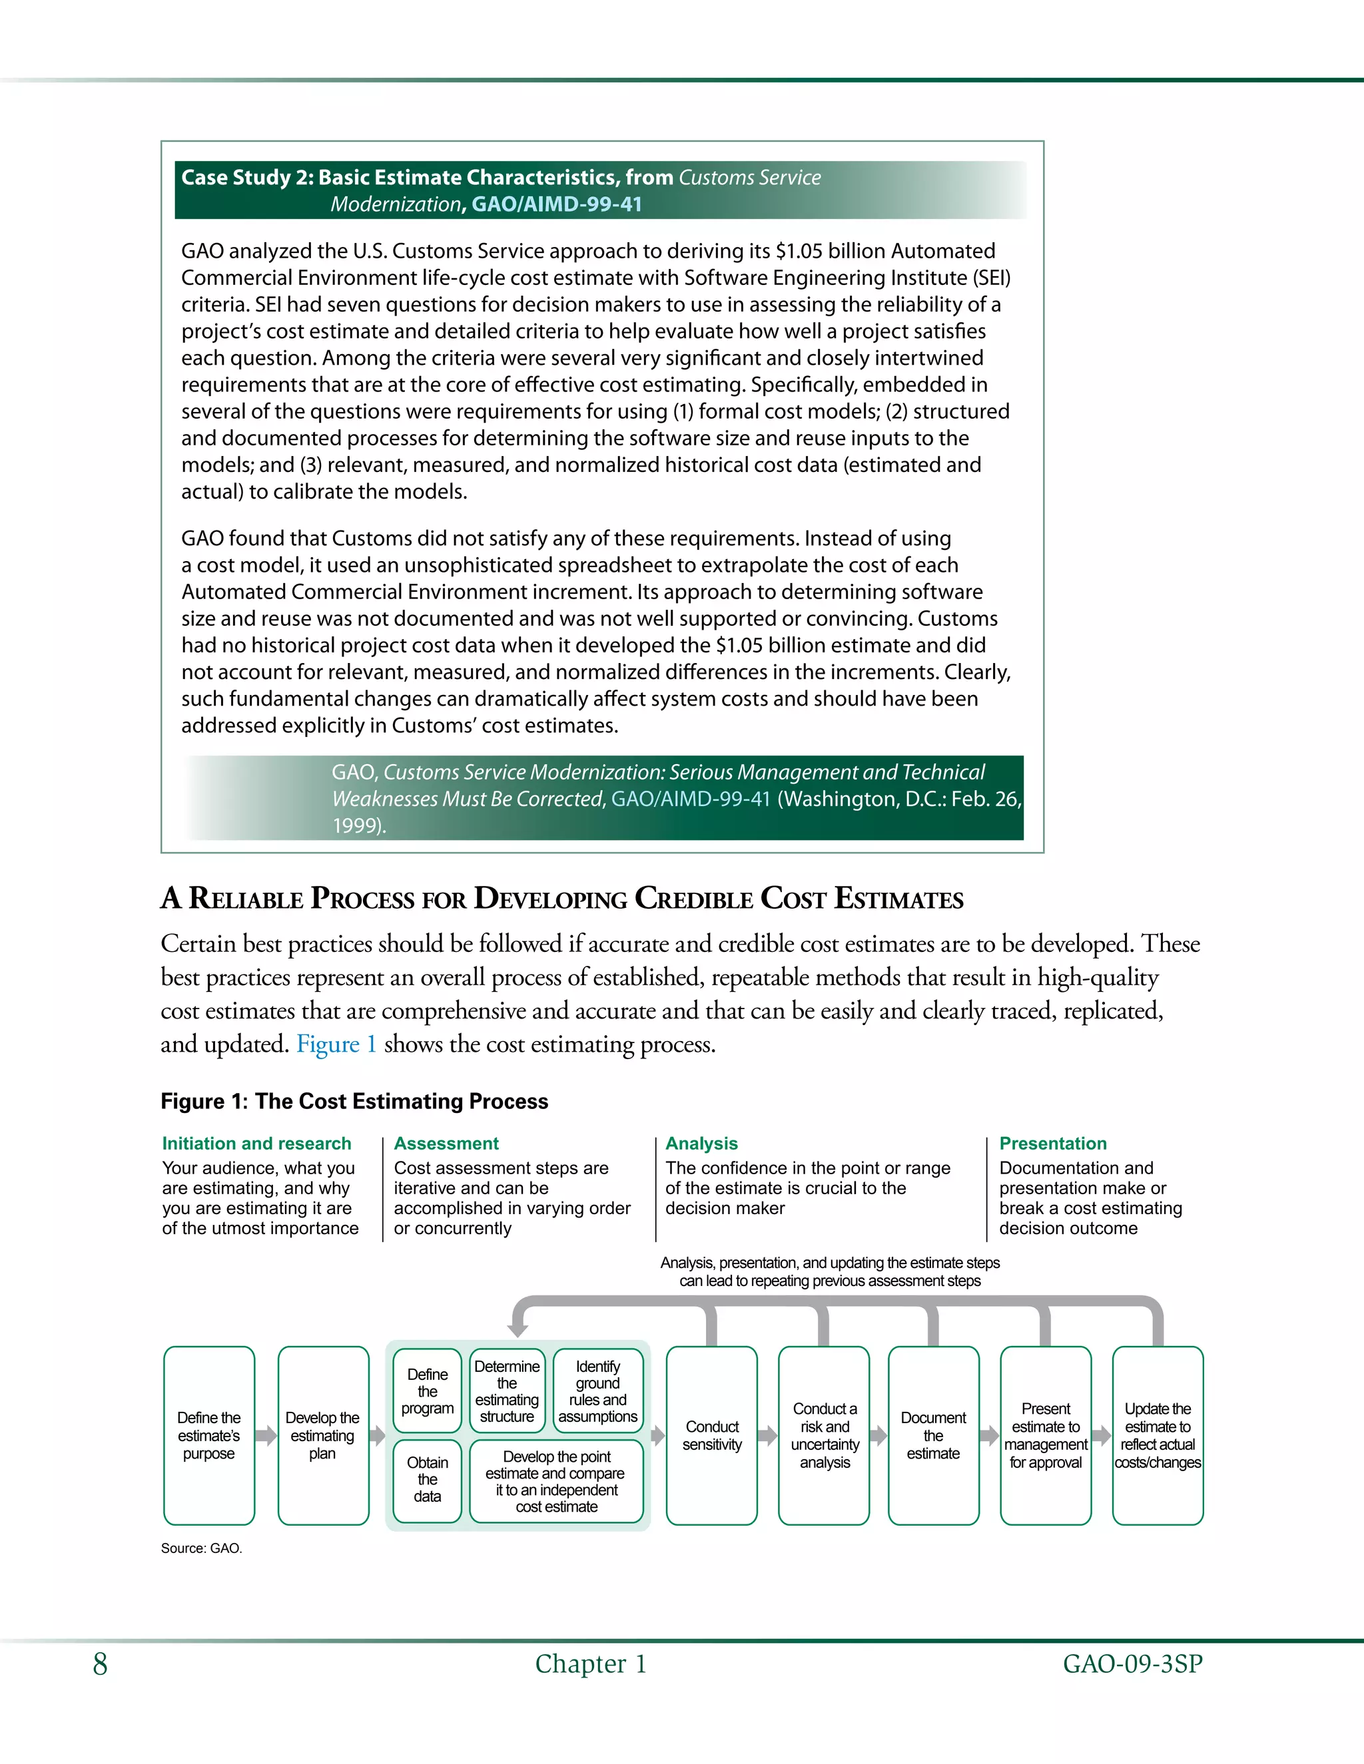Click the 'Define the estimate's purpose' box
tap(208, 1435)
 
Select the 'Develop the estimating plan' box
tap(322, 1435)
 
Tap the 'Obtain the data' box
tap(427, 1480)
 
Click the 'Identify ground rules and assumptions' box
tap(597, 1391)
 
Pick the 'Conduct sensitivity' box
tap(711, 1435)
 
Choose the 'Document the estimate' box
tap(932, 1435)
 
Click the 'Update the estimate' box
tap(1157, 1435)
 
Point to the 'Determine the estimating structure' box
tap(507, 1391)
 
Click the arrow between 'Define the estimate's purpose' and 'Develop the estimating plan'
tap(266, 1435)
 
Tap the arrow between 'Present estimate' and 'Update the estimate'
tap(1102, 1435)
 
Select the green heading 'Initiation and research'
tap(256, 1143)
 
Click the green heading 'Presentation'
tap(1052, 1143)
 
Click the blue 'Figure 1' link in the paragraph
tap(336, 1044)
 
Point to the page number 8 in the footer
tap(100, 1664)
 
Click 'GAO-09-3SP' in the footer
tap(1132, 1664)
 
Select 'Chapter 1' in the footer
tap(591, 1664)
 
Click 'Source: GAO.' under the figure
tap(201, 1548)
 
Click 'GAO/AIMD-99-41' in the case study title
tap(556, 204)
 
